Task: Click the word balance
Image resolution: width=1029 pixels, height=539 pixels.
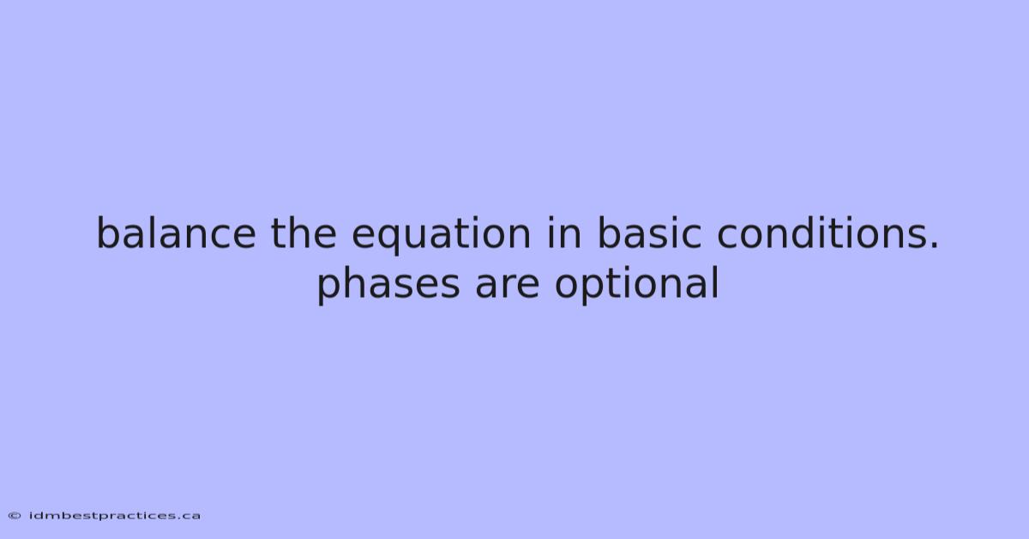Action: pos(176,233)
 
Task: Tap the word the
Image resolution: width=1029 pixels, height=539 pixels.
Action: pos(304,233)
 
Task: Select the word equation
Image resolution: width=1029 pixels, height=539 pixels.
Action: pos(442,235)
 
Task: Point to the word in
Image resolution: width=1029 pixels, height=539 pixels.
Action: pos(564,233)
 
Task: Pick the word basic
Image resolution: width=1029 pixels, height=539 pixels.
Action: pos(650,233)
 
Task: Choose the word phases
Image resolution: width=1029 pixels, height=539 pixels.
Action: pos(388,285)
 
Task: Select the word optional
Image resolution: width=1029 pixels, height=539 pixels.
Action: pos(636,285)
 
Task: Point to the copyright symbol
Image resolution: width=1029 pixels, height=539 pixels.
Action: pos(15,516)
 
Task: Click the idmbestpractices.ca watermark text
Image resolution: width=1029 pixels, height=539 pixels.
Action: pos(115,516)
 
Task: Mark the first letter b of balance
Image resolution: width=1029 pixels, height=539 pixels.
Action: pos(110,233)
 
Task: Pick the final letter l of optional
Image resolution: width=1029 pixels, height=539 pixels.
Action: pos(716,283)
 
